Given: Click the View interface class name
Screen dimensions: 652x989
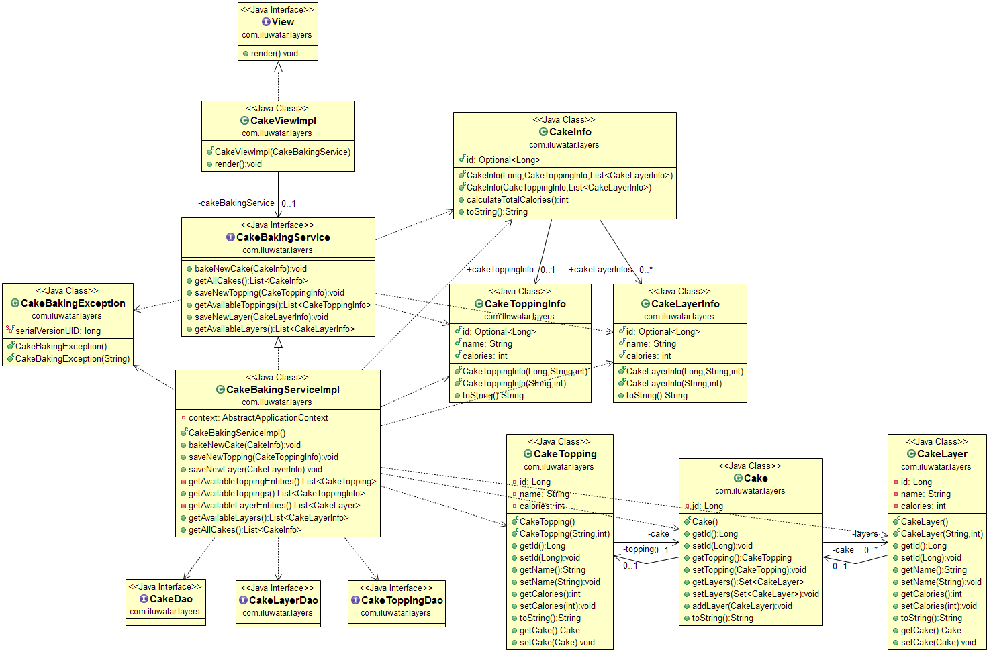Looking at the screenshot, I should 283,22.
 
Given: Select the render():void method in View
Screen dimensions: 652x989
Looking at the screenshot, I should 274,54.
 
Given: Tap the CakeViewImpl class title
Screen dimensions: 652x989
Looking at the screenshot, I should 283,121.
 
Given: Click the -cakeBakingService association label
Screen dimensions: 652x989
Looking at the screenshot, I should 236,203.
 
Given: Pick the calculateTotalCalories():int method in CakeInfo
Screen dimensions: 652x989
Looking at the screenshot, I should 517,200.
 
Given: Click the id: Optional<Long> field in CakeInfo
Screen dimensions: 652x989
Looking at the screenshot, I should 503,160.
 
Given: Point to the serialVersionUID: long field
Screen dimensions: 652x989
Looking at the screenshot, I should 58,331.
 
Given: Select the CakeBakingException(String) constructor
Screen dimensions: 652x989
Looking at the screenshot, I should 72,359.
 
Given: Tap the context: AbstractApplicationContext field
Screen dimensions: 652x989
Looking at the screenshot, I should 258,418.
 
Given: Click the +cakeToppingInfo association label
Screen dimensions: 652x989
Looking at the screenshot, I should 500,270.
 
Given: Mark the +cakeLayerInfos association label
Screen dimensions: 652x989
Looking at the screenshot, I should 600,270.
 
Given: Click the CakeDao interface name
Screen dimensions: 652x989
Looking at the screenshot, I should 171,599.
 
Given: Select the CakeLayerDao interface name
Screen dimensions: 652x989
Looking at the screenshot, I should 283,600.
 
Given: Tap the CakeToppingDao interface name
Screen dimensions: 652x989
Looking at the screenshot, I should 402,600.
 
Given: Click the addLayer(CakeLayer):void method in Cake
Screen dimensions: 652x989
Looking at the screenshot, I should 742,606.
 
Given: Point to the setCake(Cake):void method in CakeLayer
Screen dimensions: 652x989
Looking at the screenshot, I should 938,643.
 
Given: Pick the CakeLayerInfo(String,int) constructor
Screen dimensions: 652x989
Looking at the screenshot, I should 673,384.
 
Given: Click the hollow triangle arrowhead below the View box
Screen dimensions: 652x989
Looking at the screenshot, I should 278,67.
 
